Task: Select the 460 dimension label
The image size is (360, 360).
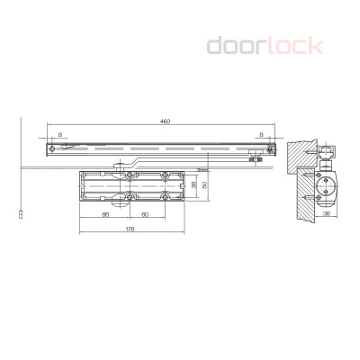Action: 165,121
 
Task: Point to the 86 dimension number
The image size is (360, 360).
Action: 105,214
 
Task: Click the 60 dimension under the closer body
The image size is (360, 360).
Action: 146,214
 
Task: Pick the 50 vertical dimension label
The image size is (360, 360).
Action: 205,185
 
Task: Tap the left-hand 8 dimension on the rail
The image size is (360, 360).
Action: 61,135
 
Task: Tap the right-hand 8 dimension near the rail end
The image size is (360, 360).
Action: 261,135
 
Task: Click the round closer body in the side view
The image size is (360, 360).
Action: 325,190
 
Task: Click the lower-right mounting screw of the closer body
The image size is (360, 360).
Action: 164,196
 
